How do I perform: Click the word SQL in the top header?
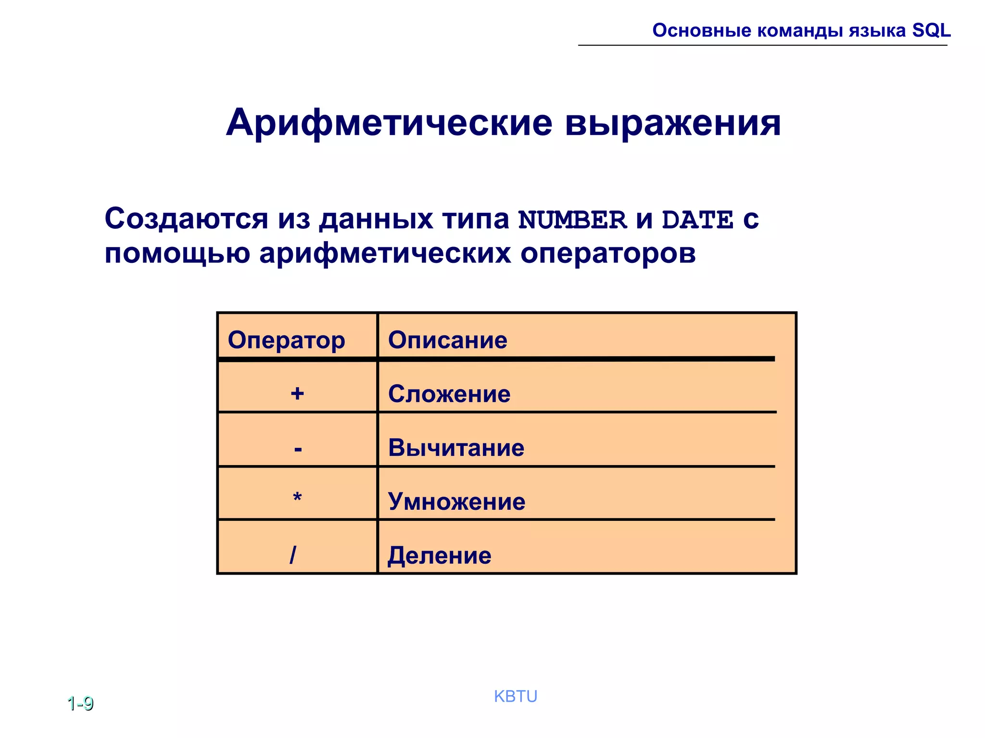[x=931, y=30]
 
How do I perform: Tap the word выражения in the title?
[x=672, y=123]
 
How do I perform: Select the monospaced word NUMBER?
[x=572, y=220]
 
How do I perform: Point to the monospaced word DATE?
[x=697, y=220]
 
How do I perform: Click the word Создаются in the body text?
[x=186, y=219]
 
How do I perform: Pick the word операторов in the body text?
[x=608, y=253]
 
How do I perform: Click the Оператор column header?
[x=286, y=340]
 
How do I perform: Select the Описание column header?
[x=447, y=340]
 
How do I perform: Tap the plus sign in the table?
[x=297, y=394]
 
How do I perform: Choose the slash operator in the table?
[x=293, y=555]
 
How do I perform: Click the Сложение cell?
[x=449, y=394]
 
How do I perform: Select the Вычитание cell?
[x=456, y=448]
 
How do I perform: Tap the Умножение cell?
[x=456, y=502]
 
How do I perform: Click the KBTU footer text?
[x=515, y=696]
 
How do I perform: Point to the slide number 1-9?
[x=80, y=704]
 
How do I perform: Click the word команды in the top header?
[x=800, y=31]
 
